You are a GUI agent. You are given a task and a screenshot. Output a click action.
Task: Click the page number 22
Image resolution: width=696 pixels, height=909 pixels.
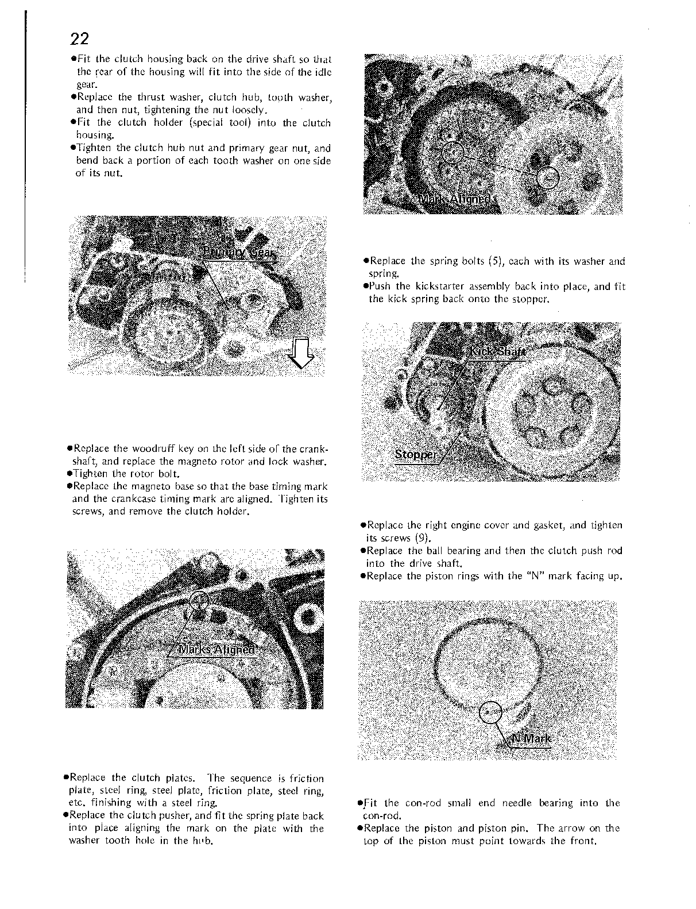(x=79, y=38)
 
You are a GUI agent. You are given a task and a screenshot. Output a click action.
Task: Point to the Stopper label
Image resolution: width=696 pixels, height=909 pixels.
(x=416, y=455)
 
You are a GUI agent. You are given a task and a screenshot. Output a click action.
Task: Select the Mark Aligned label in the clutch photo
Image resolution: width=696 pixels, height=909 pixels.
(x=455, y=199)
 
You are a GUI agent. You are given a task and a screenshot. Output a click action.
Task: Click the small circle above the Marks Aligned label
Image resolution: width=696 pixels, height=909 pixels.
(x=200, y=601)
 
